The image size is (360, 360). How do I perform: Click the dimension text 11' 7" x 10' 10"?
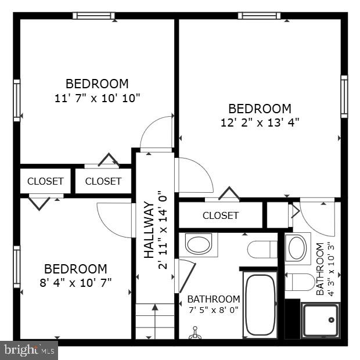pos(97,98)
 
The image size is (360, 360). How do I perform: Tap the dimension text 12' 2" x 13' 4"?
pos(260,123)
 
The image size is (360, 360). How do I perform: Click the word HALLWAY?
pos(149,231)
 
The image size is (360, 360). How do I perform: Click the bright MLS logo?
pos(29,350)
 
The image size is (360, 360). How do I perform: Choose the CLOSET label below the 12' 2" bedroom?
pos(221,215)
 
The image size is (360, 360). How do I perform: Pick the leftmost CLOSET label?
pos(45,181)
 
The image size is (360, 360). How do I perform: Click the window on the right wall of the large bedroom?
pos(344,96)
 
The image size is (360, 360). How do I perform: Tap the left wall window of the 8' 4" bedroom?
pos(17,267)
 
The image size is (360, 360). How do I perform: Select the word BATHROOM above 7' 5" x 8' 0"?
pos(213,299)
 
